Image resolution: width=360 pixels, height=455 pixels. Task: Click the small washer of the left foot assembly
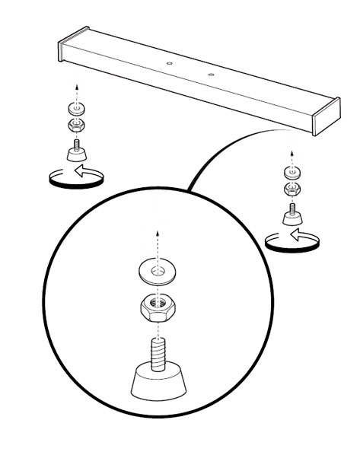coord(75,107)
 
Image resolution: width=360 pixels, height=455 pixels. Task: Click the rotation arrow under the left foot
coord(73,177)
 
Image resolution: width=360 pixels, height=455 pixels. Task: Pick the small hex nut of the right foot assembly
coord(292,188)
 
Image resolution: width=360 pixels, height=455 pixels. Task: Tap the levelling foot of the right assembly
coord(292,215)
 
